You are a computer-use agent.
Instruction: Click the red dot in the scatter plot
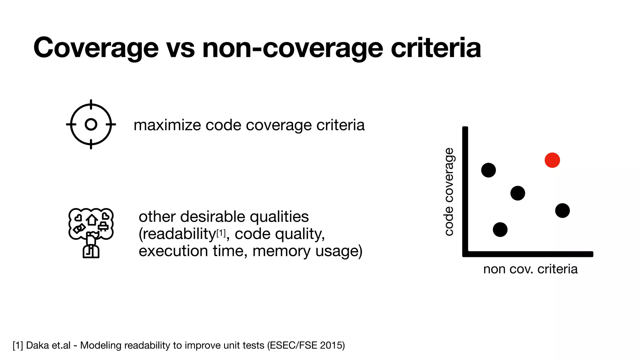tap(552, 160)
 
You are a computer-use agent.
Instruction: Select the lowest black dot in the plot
tap(500, 230)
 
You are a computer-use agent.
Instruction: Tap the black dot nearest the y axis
tap(488, 170)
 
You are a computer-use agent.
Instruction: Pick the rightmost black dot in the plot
tap(562, 211)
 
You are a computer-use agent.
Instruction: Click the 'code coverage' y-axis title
tap(449, 192)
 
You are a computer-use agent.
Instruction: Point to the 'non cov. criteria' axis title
tap(530, 269)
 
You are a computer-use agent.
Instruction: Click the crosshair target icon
tap(91, 124)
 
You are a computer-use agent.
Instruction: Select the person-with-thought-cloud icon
tap(91, 233)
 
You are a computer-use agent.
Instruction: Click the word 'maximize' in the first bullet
tap(167, 125)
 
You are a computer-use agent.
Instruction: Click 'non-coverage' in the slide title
tap(292, 48)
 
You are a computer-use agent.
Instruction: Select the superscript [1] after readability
tap(221, 233)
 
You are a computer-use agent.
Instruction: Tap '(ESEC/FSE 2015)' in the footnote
tap(306, 345)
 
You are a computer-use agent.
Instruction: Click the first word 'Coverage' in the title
tap(96, 48)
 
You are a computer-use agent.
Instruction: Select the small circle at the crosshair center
tap(91, 124)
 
